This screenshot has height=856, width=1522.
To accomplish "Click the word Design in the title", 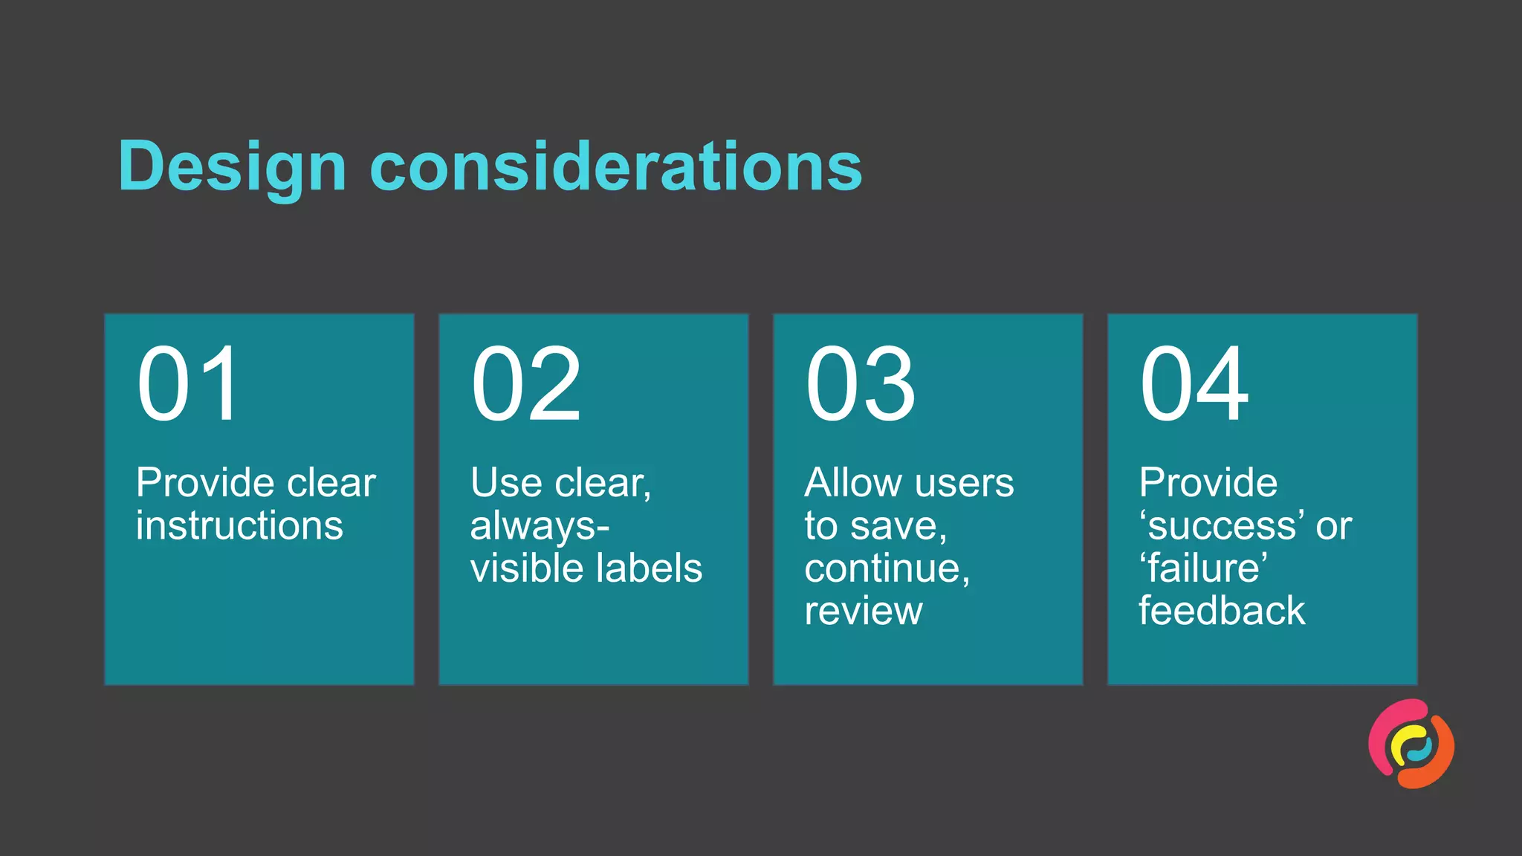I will tap(232, 166).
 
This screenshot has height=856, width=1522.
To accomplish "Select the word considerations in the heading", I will tap(616, 166).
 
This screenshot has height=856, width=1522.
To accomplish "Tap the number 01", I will tap(188, 384).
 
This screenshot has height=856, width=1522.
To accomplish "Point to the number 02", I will tap(525, 384).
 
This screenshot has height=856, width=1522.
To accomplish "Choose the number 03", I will tap(860, 384).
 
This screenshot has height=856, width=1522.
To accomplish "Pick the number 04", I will tap(1194, 384).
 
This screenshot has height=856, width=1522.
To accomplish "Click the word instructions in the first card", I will tap(239, 525).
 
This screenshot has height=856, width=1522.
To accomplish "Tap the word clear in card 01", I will tap(331, 483).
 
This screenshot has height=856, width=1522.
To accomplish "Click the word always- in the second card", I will tap(540, 526).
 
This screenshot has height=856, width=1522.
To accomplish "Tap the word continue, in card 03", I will tap(887, 568).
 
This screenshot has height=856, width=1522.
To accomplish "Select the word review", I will tap(864, 612).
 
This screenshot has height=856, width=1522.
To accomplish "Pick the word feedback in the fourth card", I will tap(1222, 611).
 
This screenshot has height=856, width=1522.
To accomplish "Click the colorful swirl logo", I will tap(1411, 744).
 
